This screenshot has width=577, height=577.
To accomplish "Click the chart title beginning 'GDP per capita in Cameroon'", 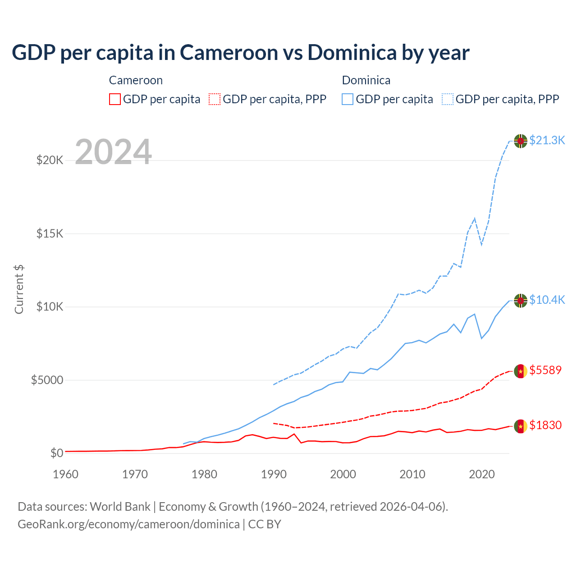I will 241,53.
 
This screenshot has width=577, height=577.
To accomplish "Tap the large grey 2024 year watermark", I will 113,152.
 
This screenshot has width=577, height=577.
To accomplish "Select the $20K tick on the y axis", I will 50,160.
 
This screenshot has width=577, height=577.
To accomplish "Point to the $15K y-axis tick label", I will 50,234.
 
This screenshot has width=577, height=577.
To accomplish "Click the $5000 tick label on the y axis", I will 47,380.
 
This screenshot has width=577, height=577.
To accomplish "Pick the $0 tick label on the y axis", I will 56,453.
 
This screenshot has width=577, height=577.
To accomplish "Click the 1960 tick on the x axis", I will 65,474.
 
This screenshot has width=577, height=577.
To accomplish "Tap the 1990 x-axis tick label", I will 274,474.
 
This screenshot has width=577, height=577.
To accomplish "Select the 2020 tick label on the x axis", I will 482,474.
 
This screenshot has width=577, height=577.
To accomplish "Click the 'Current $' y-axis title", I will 19,289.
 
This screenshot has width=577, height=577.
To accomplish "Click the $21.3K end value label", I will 547,140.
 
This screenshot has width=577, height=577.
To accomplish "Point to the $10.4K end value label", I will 547,300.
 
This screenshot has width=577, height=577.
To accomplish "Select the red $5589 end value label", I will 545,370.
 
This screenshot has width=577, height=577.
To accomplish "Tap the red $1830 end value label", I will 545,425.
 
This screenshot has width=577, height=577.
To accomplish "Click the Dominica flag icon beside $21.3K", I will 521,141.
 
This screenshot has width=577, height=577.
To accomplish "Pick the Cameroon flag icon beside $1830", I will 521,426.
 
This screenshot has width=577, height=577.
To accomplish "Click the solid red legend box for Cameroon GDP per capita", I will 115,99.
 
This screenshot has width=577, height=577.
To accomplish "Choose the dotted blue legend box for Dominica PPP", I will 448,99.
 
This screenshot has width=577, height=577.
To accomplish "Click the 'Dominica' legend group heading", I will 366,80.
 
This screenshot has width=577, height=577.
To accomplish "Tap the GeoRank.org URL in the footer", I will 128,524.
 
